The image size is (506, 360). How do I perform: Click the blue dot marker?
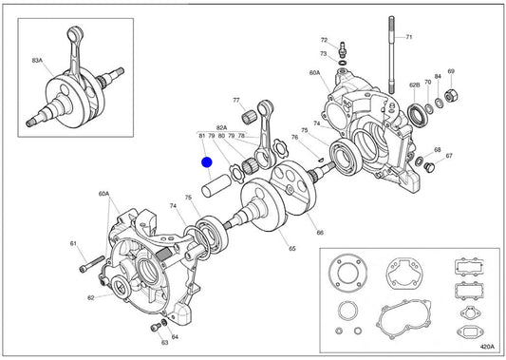click(207, 162)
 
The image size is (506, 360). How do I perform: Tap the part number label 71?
click(409, 37)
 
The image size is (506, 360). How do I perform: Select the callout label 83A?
click(37, 61)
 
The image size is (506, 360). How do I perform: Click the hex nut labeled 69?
click(451, 95)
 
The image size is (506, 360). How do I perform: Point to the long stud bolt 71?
click(392, 55)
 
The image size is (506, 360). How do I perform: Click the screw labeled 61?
click(92, 264)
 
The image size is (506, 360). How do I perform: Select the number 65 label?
click(292, 248)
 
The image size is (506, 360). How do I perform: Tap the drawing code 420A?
click(487, 347)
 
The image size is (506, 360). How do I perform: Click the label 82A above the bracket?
click(222, 127)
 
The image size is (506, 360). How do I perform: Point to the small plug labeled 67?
click(429, 167)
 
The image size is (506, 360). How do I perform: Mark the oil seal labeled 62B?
click(419, 114)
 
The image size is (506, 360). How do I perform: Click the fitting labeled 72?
click(342, 48)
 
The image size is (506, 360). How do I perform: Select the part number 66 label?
click(320, 233)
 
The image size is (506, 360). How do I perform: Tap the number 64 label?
click(175, 337)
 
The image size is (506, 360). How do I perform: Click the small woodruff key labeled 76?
click(320, 159)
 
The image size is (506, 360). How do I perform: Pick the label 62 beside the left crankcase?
click(91, 297)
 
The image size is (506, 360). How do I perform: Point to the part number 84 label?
click(438, 77)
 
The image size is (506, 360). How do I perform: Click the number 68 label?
click(438, 150)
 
